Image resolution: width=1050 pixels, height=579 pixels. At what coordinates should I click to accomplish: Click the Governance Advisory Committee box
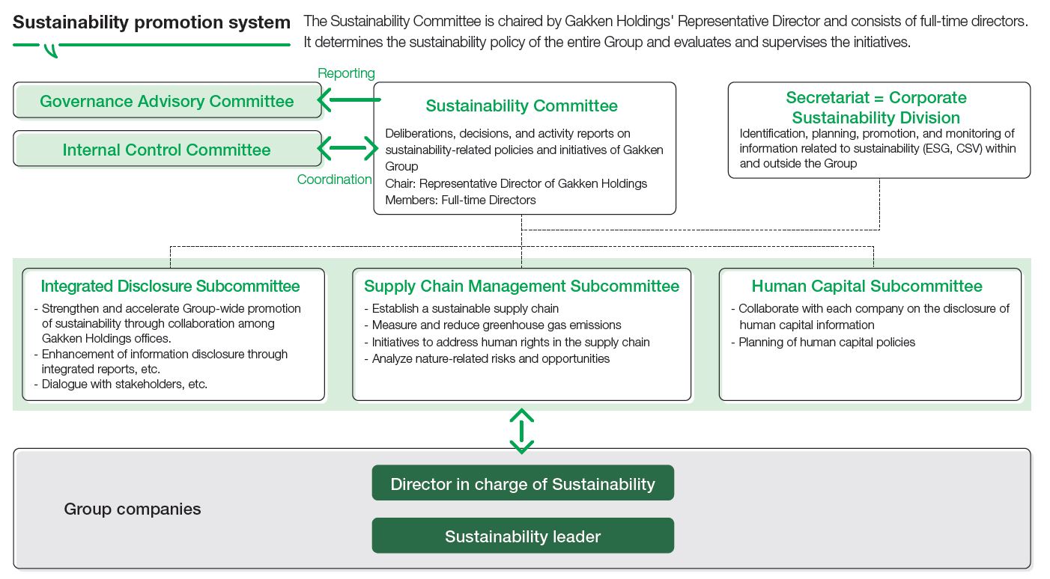[x=167, y=101]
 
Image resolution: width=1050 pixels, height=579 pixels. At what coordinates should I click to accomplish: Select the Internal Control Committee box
[x=167, y=150]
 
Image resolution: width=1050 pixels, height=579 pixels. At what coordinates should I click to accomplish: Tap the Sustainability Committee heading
[x=521, y=106]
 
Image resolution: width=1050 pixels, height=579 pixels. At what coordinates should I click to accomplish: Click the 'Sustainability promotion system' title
[x=151, y=22]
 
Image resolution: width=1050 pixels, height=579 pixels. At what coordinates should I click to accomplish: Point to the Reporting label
[x=346, y=73]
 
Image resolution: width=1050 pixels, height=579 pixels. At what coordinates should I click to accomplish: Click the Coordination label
[x=334, y=180]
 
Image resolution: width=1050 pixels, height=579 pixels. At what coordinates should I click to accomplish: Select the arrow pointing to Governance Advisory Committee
[x=349, y=99]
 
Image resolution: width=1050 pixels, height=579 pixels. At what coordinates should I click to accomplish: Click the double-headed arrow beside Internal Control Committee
[x=349, y=148]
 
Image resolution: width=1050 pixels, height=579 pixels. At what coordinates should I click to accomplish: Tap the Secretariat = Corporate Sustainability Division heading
[x=875, y=108]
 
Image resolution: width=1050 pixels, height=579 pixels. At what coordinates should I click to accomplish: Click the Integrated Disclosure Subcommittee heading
[x=170, y=287]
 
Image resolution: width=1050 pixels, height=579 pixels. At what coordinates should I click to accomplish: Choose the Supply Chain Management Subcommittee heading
[x=521, y=287]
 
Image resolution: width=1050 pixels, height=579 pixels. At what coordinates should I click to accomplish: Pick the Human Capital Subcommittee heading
[x=867, y=287]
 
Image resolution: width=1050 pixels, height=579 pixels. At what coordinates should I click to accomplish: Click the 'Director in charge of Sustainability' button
[x=523, y=484]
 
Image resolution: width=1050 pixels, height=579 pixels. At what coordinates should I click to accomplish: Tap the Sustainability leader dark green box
[x=523, y=536]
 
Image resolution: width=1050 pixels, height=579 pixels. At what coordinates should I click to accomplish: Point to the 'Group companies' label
[x=133, y=509]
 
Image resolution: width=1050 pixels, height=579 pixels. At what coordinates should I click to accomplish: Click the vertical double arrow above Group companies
[x=521, y=431]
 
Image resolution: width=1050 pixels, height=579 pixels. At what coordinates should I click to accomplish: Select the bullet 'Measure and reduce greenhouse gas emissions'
[x=497, y=325]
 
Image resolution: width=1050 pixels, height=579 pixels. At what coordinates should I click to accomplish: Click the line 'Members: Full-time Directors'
[x=461, y=200]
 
